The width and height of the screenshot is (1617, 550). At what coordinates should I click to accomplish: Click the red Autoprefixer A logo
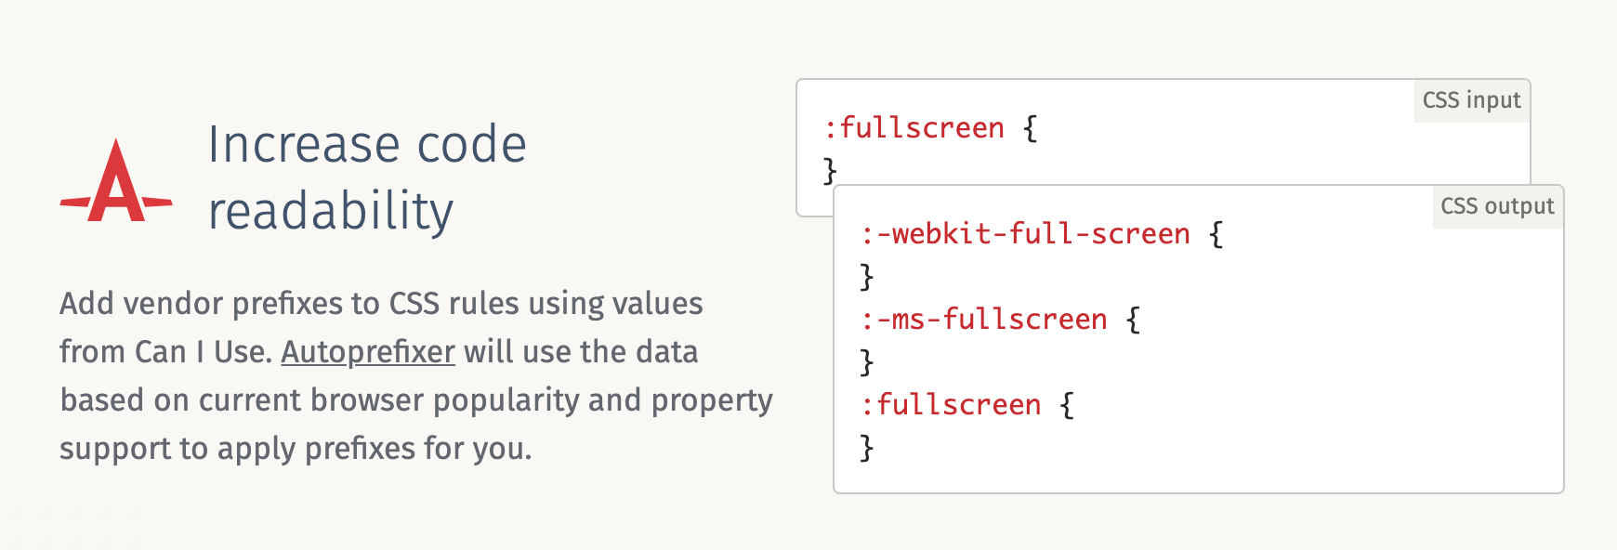pyautogui.click(x=116, y=183)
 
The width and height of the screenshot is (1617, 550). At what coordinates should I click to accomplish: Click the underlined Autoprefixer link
pyautogui.click(x=368, y=352)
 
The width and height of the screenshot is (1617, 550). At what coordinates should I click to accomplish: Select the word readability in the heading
pyautogui.click(x=330, y=211)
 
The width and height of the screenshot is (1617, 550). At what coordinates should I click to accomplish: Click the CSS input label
pyautogui.click(x=1471, y=100)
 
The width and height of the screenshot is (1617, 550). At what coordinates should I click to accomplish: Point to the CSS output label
pyautogui.click(x=1497, y=206)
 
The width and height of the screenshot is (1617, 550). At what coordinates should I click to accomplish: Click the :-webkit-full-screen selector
pyautogui.click(x=1026, y=234)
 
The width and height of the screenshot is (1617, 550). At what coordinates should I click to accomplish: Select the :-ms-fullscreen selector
pyautogui.click(x=984, y=320)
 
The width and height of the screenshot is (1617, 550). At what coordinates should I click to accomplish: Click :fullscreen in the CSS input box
pyautogui.click(x=914, y=128)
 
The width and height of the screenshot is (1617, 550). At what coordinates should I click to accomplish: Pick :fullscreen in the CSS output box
pyautogui.click(x=952, y=405)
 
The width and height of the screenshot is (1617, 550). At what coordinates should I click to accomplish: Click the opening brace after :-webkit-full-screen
pyautogui.click(x=1216, y=234)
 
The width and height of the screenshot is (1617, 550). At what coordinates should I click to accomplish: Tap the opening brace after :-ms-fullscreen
pyautogui.click(x=1133, y=320)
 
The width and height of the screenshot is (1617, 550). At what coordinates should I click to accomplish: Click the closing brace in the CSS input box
pyautogui.click(x=830, y=171)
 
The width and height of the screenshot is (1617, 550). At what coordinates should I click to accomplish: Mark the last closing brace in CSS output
pyautogui.click(x=867, y=448)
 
